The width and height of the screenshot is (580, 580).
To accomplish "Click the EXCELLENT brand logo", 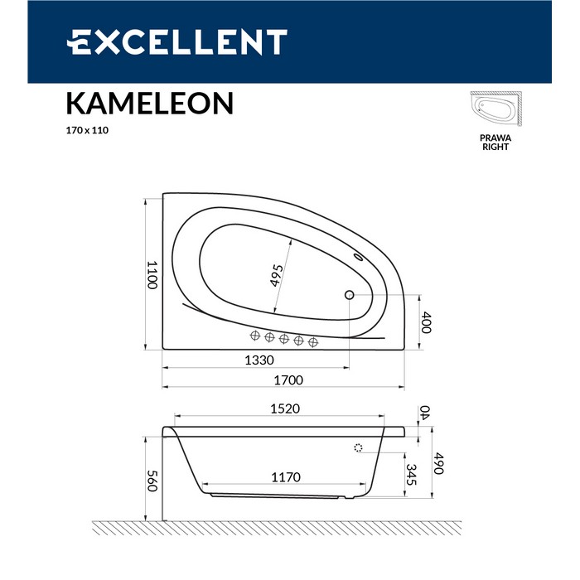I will click(176, 41).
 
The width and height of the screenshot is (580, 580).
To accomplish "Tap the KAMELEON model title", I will click(149, 103).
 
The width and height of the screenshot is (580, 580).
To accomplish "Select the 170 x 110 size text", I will click(87, 130).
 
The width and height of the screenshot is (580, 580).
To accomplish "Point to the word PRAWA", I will click(495, 137).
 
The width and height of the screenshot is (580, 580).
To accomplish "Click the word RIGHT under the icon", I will click(495, 147).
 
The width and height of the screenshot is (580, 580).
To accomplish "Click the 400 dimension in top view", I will click(426, 322).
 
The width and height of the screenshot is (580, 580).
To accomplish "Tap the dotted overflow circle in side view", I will click(358, 448).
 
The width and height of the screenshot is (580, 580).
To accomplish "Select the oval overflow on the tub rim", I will click(359, 257).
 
